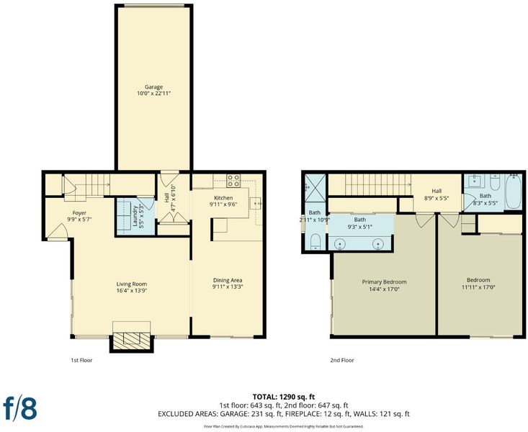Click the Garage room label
[153, 87]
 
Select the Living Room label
[132, 284]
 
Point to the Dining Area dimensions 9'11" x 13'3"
[228, 287]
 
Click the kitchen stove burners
[233, 180]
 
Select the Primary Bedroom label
[384, 282]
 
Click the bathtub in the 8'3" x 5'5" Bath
[514, 192]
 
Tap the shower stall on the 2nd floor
[316, 187]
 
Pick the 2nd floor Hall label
[437, 191]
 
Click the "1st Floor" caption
[81, 360]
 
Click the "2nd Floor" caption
[342, 360]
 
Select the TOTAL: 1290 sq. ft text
[284, 397]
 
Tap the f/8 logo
[20, 408]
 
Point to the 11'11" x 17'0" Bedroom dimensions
[478, 287]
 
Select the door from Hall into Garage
[169, 179]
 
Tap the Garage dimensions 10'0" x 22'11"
[153, 94]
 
